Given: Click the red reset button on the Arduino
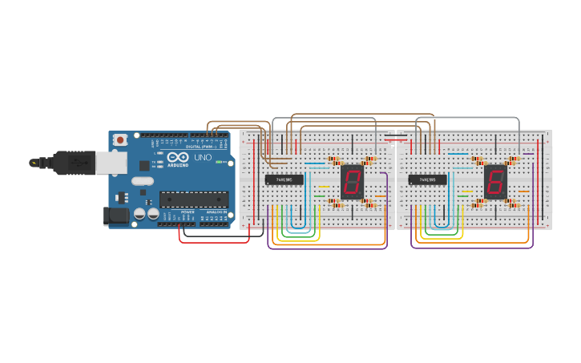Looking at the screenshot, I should pos(120,139).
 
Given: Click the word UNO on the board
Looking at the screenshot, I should pos(203,158).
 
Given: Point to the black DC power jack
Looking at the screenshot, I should pos(116,215).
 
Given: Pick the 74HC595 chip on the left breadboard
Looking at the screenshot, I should pos(284,179).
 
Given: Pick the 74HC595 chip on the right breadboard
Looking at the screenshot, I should pos(428,179).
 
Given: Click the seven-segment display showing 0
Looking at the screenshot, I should pos(352,182).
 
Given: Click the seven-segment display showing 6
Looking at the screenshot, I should pos(495,182).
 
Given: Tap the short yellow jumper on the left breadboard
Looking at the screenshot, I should pos(324,187).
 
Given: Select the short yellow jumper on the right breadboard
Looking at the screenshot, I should pos(466,187).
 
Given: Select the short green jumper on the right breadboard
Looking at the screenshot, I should pos(463,196).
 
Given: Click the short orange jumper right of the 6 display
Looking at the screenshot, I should pos(524,191).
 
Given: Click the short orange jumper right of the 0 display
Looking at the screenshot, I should pos(381,195).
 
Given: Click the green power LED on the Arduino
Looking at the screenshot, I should pos(218,162).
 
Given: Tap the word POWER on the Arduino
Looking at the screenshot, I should pos(188,212).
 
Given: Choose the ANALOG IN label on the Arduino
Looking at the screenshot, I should pos(216,212).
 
